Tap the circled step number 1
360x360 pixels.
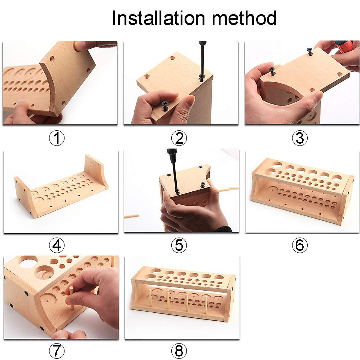(57, 138)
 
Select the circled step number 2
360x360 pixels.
(179, 138)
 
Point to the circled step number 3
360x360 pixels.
(300, 138)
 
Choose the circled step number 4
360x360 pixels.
(57, 246)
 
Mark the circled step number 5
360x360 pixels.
(179, 246)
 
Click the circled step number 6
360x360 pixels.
(300, 246)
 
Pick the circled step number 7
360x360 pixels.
(57, 350)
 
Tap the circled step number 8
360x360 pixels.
(179, 350)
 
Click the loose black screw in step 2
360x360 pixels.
(165, 105)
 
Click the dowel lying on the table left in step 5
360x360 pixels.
(131, 216)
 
